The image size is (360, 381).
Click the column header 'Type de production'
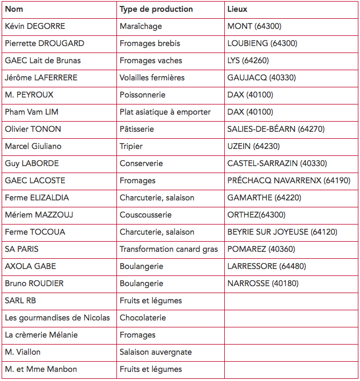click(156, 9)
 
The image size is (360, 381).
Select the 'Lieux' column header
click(237, 9)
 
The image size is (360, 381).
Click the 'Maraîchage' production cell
click(141, 26)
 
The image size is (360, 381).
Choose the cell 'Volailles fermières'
click(152, 78)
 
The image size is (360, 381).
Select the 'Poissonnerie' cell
click(142, 95)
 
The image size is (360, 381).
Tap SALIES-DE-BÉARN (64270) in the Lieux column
click(276, 129)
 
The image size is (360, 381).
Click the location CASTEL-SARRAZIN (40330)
click(277, 163)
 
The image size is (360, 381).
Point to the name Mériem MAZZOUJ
click(39, 215)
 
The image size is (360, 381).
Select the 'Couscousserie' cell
click(145, 215)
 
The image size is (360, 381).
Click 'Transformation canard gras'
click(168, 249)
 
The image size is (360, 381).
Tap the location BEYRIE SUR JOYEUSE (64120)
click(282, 232)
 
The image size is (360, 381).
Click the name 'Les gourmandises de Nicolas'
click(57, 318)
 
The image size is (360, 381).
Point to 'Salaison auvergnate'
click(156, 352)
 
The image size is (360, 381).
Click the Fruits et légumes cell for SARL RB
click(151, 301)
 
